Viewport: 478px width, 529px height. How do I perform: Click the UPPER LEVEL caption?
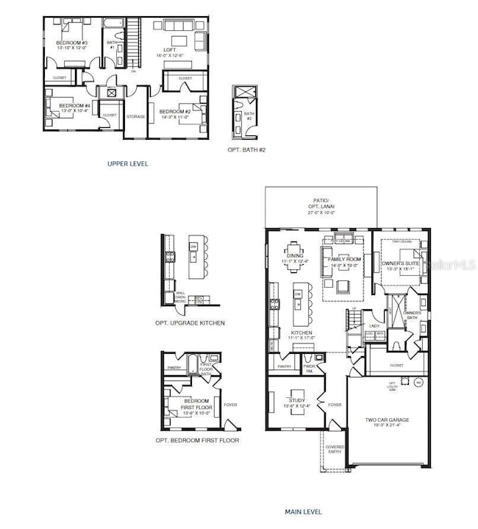point(127,163)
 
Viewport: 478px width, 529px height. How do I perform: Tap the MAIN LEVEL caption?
point(303,511)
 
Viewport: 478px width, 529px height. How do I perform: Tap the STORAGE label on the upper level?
point(136,116)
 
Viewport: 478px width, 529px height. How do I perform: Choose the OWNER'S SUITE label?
point(400,266)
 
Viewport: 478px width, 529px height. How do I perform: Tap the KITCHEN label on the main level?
point(302,333)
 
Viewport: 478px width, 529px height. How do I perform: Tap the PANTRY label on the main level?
point(284,366)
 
